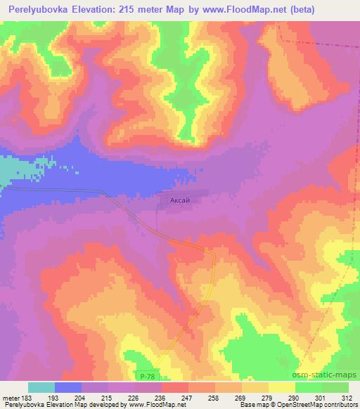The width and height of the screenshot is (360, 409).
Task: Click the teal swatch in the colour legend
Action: pyautogui.click(x=41, y=387)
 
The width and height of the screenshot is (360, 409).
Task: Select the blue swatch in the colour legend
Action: pyautogui.click(x=68, y=387)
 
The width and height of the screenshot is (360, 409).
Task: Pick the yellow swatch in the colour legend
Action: pyautogui.click(x=282, y=387)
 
